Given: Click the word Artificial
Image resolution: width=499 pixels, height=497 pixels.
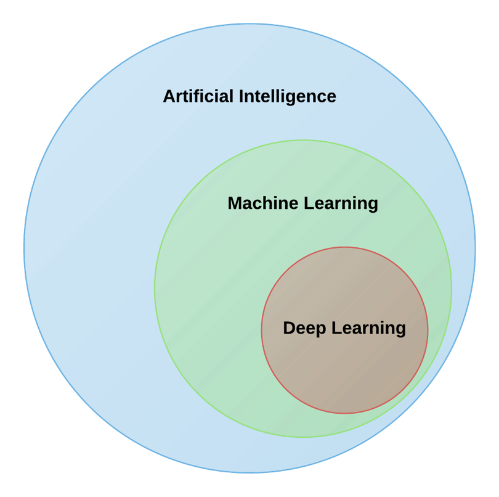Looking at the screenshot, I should [x=198, y=96].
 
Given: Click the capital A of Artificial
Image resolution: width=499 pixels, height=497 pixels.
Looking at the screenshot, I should [x=169, y=96].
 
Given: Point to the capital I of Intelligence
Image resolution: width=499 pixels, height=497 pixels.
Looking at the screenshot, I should [x=241, y=96].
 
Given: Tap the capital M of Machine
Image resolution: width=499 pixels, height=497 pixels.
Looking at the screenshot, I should [x=235, y=203].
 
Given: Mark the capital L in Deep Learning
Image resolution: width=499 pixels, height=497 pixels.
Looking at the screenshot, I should [x=336, y=328].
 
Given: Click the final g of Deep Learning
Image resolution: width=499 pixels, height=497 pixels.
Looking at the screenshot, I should [x=400, y=330].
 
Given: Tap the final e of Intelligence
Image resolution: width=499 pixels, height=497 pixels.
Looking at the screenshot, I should [x=331, y=97].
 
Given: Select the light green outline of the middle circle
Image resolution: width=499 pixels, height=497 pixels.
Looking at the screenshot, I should [x=155, y=289].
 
